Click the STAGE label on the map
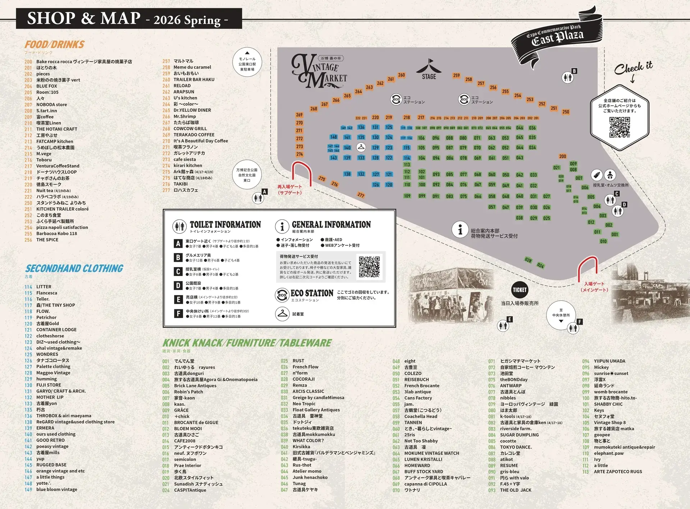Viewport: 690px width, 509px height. tap(429, 76)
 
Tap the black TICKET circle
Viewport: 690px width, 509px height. tap(520, 290)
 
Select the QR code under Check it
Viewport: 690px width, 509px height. tap(620, 127)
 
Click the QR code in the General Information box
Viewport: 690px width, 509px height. tap(369, 267)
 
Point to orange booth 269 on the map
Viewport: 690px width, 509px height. tap(299, 115)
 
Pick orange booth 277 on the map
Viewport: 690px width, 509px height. tap(361, 195)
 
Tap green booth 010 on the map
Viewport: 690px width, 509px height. tap(603, 241)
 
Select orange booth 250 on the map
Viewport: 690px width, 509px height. tap(566, 112)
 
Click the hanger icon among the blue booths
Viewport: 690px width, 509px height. tap(361, 147)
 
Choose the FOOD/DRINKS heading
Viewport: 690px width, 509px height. tap(54, 45)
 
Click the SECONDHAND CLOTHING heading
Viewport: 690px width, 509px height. tap(74, 268)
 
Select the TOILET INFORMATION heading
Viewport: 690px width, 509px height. tap(225, 225)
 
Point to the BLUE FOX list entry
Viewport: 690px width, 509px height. tap(46, 86)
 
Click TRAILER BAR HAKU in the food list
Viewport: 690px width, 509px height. tap(194, 79)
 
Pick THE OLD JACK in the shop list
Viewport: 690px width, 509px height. tap(515, 490)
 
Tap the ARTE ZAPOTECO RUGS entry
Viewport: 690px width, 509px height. tap(618, 472)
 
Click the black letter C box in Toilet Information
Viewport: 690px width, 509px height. tap(178, 272)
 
